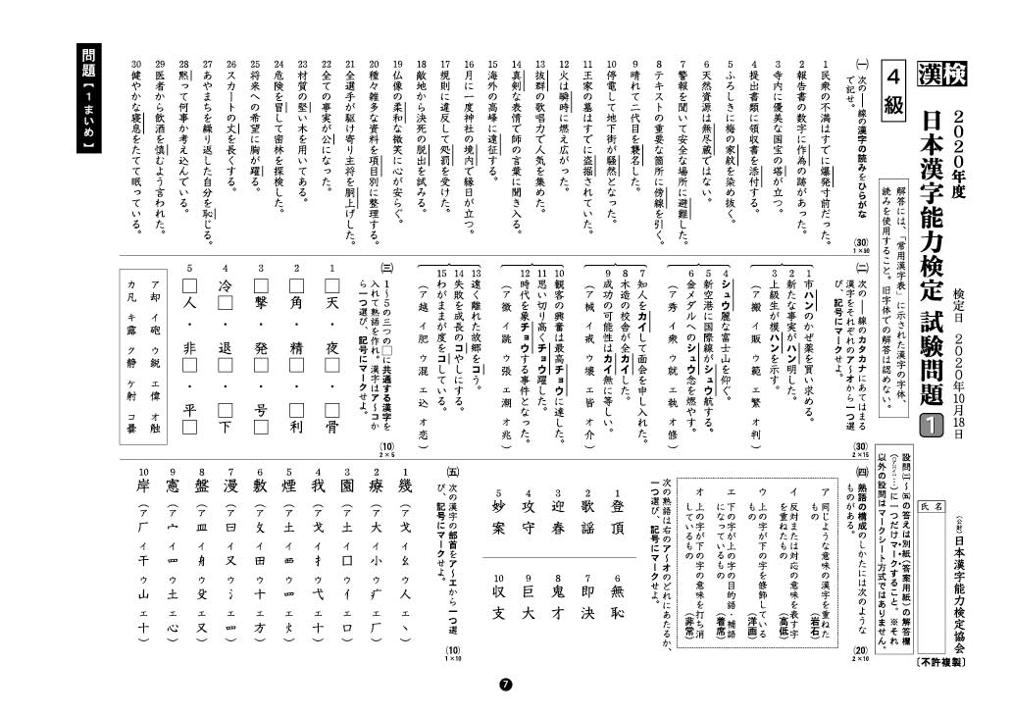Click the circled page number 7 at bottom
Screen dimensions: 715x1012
pyautogui.click(x=506, y=686)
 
